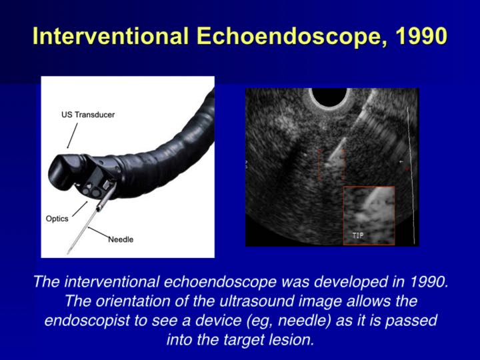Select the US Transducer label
pos(83,115)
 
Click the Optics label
pos(57,219)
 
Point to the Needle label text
pos(121,239)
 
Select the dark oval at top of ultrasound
pos(329,99)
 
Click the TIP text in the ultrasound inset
pos(358,235)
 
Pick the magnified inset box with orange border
pos(369,215)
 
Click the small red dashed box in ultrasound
pos(331,164)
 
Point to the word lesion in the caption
pos(291,339)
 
